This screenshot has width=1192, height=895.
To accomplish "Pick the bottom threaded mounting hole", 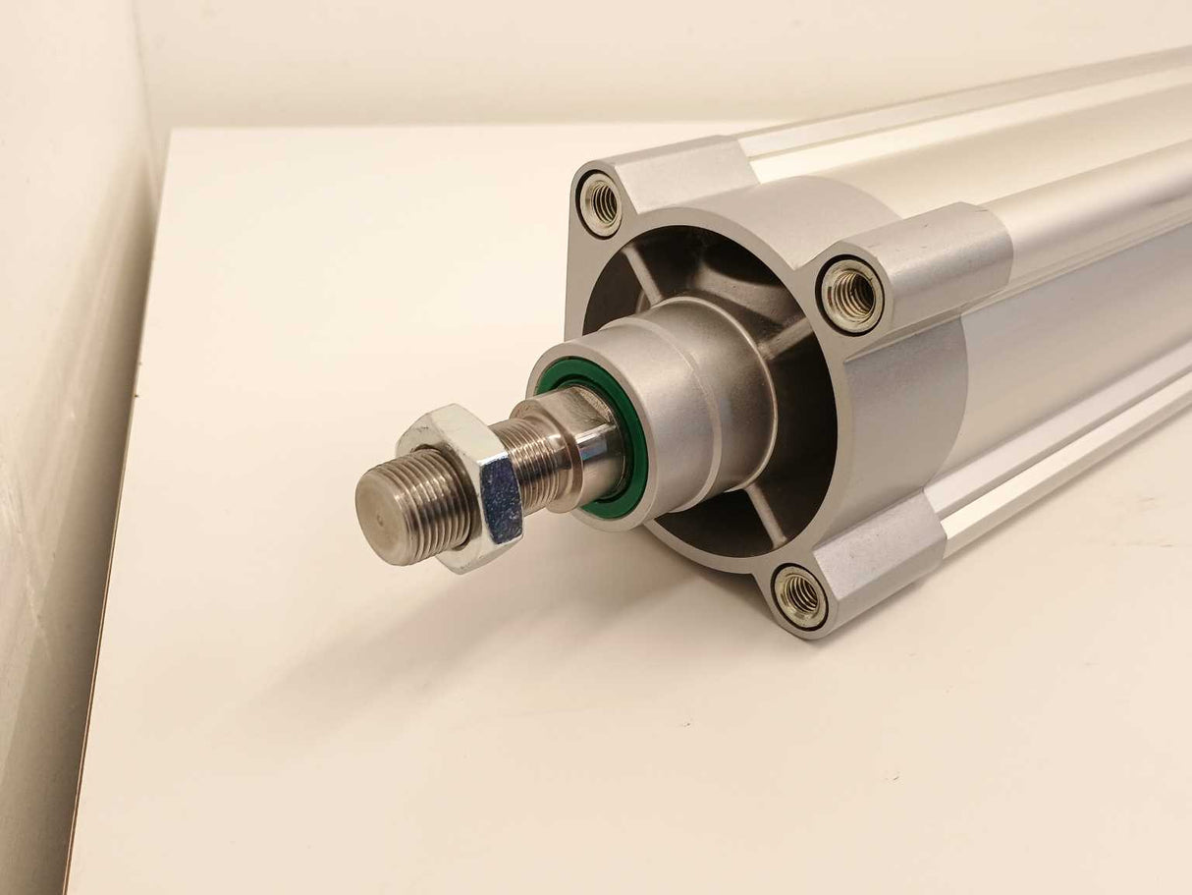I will (799, 594).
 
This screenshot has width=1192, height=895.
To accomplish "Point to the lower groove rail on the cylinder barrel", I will (1060, 462).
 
